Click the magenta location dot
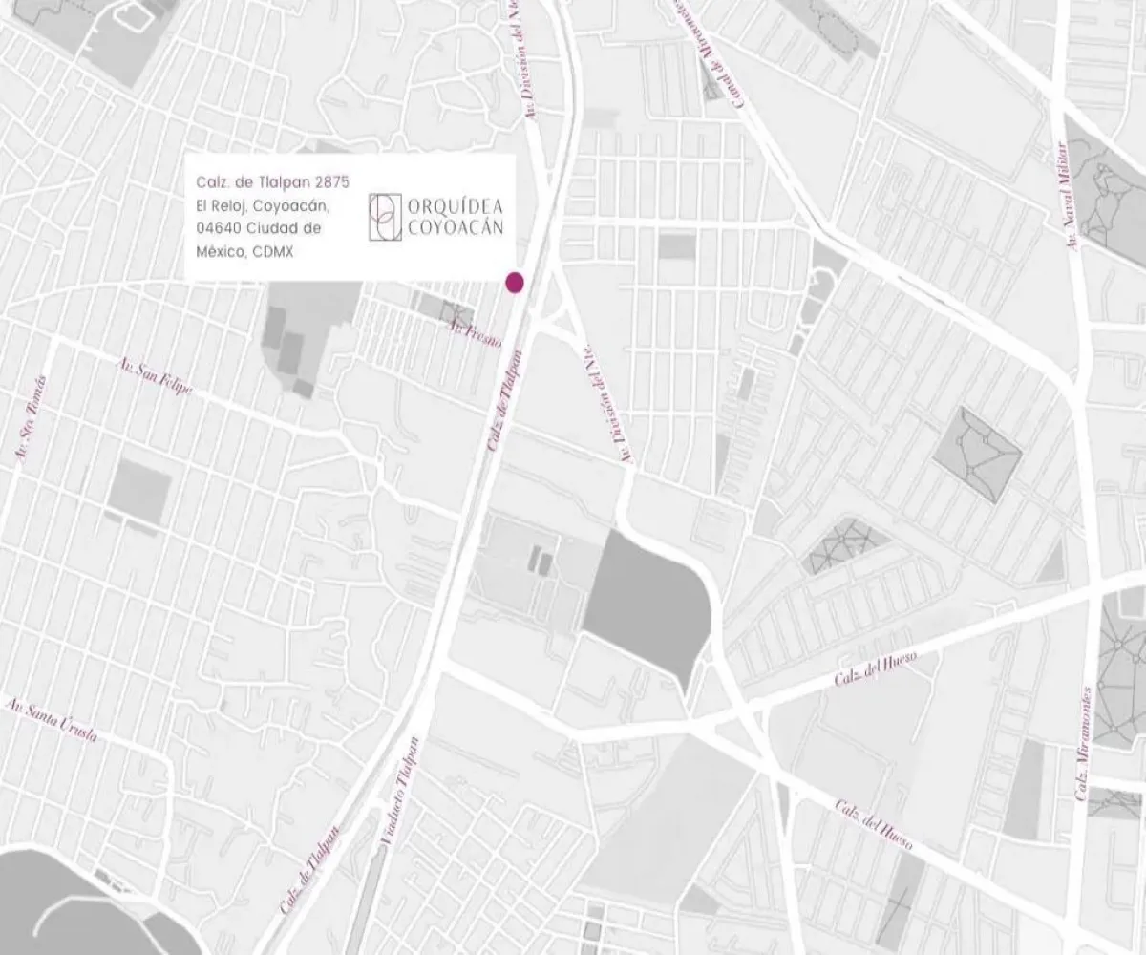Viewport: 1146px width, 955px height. click(515, 281)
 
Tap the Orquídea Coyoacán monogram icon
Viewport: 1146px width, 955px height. click(382, 217)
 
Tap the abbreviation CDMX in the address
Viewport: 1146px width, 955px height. click(273, 252)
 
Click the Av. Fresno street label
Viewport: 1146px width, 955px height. click(476, 333)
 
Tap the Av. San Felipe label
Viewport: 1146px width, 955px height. click(155, 377)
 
